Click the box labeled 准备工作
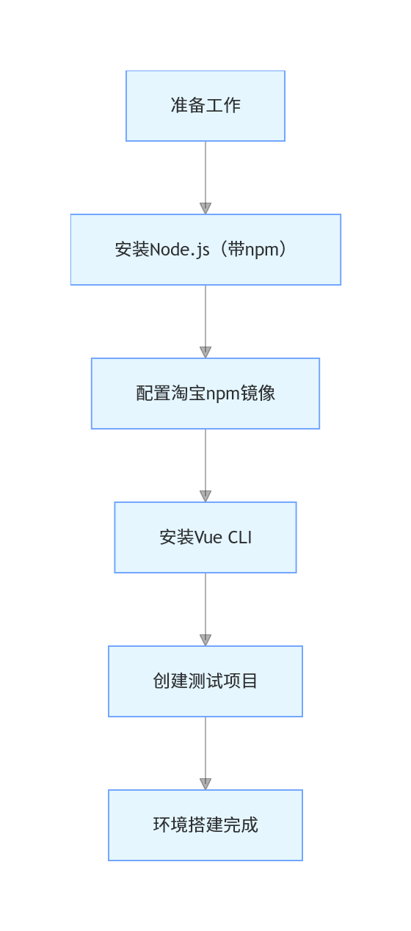(205, 106)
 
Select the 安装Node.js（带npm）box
(205, 250)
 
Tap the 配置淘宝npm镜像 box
(205, 394)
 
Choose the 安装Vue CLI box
(205, 537)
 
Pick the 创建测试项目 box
(205, 681)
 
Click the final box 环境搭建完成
(205, 825)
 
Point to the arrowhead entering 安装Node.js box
(205, 209)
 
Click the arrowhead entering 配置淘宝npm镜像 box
(205, 352)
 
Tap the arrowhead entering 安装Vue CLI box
(205, 496)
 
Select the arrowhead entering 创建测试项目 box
(205, 640)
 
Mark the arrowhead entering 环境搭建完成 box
(205, 784)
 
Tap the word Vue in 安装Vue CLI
(209, 537)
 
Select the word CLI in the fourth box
(240, 537)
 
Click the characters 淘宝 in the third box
(188, 394)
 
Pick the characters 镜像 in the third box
(258, 394)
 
